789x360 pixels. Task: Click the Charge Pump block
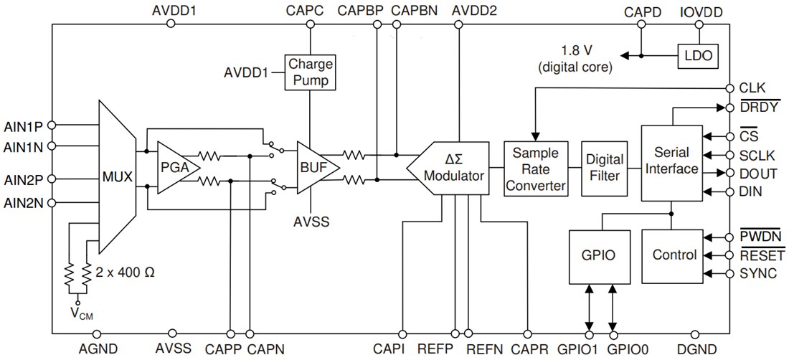click(311, 72)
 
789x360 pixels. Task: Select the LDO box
click(698, 55)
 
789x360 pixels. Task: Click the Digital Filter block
click(605, 169)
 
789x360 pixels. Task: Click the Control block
click(674, 255)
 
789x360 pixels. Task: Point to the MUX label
click(117, 175)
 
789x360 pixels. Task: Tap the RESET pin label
click(762, 255)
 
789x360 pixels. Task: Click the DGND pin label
click(693, 349)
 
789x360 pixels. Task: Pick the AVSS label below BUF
click(311, 222)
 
